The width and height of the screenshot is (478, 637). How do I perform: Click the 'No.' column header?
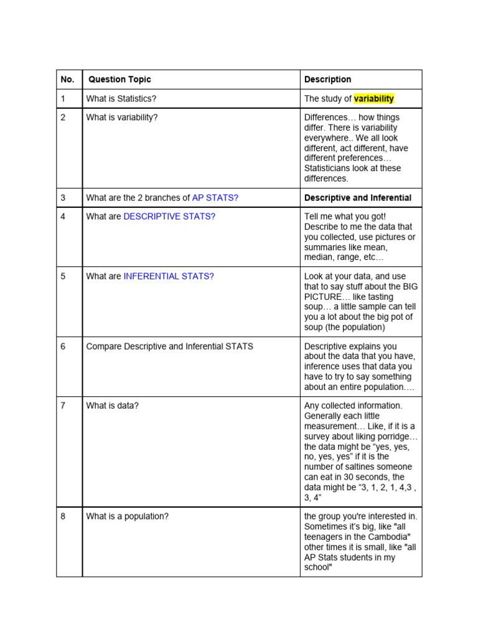[67, 80]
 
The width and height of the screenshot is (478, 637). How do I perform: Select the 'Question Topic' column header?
[119, 80]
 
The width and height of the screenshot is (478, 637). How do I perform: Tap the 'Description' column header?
[327, 80]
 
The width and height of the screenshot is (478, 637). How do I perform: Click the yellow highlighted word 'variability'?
[373, 99]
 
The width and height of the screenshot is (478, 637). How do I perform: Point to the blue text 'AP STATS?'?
[215, 198]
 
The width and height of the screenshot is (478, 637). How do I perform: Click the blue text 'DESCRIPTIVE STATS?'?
[169, 216]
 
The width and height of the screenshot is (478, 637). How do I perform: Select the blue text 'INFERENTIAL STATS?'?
[169, 276]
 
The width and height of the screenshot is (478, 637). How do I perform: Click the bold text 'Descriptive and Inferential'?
[358, 198]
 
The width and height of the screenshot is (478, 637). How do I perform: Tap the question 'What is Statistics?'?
[121, 99]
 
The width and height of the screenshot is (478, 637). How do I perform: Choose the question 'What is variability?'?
[122, 118]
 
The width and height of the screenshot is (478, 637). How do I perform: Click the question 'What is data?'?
[113, 406]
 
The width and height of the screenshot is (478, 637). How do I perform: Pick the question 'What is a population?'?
[128, 516]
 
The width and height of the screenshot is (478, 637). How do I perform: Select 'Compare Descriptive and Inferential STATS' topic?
[170, 346]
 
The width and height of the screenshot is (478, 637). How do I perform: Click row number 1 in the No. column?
[63, 99]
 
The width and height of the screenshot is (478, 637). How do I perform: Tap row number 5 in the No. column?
[63, 276]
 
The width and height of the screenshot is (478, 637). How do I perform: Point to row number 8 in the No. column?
[63, 516]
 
